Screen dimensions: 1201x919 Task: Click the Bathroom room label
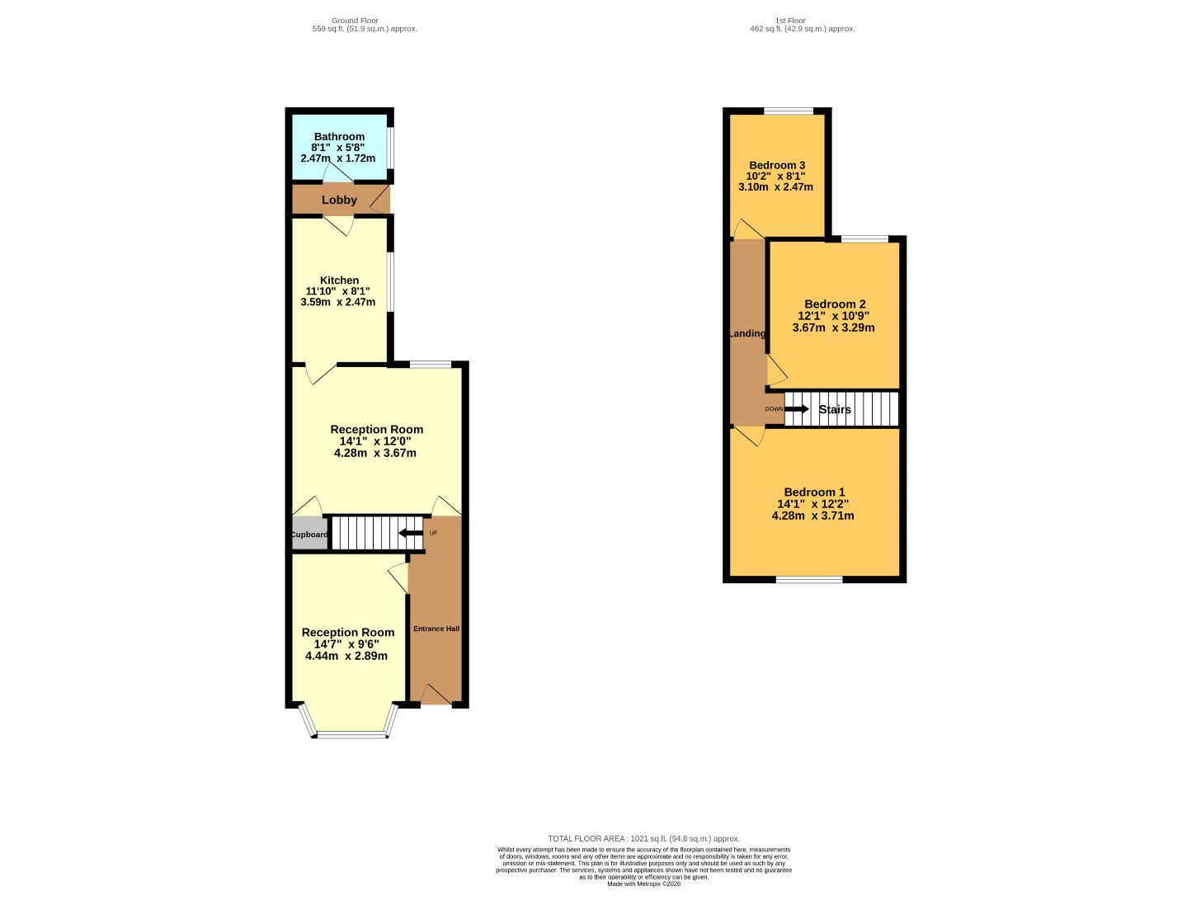click(x=339, y=137)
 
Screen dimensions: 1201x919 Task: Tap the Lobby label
click(x=339, y=200)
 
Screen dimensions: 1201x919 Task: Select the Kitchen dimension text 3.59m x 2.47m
click(x=337, y=302)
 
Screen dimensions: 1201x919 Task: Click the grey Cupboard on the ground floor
click(x=309, y=534)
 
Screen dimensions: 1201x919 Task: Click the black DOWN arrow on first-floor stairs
click(x=797, y=408)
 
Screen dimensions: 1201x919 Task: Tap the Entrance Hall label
click(x=436, y=629)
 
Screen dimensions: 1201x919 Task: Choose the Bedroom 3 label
click(x=776, y=165)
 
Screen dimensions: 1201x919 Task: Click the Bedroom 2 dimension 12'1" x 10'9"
click(x=833, y=316)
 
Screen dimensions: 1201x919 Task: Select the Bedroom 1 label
click(x=813, y=492)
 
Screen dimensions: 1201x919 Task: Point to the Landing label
click(x=747, y=333)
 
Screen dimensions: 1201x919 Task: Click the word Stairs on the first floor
click(x=835, y=409)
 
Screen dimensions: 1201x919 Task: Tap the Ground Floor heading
click(x=355, y=21)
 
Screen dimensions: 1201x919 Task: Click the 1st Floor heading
click(x=790, y=21)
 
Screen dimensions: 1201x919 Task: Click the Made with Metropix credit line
click(x=643, y=898)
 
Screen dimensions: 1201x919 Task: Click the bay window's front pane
click(x=352, y=735)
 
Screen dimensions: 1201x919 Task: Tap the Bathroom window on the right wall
click(x=391, y=148)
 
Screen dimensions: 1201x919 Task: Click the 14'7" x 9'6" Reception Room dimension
click(x=346, y=644)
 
